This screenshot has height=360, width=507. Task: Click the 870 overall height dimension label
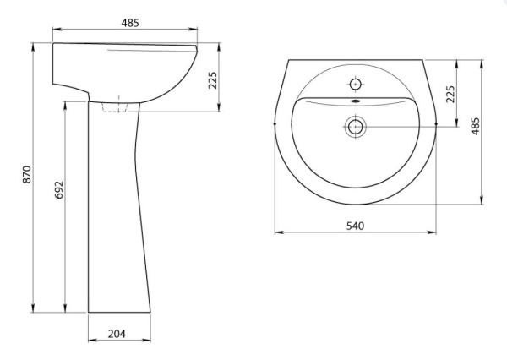click(27, 175)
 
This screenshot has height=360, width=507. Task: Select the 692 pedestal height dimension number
click(59, 190)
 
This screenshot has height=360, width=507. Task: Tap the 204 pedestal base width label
click(117, 334)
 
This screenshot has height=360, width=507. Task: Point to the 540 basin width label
click(356, 226)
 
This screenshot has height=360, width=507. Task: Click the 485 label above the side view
click(130, 23)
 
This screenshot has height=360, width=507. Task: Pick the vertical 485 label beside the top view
click(475, 126)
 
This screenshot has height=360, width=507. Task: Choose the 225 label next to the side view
click(212, 80)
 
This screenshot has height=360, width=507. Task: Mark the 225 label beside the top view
click(450, 94)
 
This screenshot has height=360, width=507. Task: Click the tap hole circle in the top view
click(356, 85)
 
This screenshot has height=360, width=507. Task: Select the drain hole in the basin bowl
click(356, 127)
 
